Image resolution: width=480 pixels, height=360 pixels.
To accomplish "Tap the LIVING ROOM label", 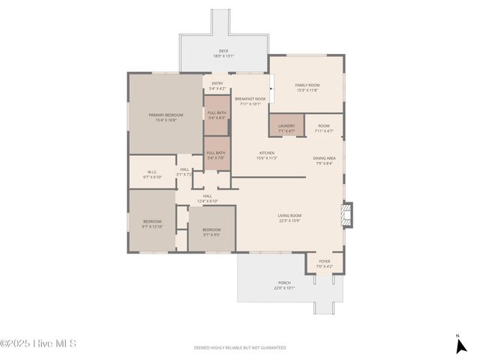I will (289, 218).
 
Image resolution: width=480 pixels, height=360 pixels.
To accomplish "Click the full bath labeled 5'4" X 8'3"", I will (217, 115).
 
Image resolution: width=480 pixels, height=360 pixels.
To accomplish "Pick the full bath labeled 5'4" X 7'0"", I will (216, 155).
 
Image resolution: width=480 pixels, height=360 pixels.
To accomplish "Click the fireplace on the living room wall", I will (346, 214).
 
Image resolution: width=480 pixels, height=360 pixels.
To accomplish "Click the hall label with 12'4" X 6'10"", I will (208, 199).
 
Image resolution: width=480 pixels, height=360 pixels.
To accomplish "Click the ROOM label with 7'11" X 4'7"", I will (324, 128).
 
